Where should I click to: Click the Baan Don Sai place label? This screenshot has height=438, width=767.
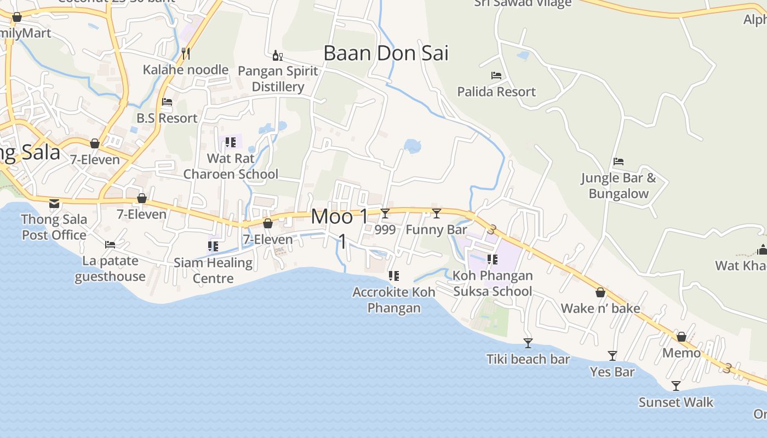(x=386, y=53)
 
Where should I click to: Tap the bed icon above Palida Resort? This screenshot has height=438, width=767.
(x=496, y=76)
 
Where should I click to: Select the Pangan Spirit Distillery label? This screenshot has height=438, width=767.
(x=278, y=79)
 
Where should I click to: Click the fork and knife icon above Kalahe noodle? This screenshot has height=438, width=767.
(x=186, y=53)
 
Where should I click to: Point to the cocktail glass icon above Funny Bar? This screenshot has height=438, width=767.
(x=437, y=214)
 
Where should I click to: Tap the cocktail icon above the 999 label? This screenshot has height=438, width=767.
(x=385, y=214)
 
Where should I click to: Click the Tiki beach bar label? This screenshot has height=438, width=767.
(x=528, y=359)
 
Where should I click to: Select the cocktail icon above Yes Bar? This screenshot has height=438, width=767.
(x=613, y=356)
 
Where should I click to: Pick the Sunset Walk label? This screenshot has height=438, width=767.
(x=676, y=402)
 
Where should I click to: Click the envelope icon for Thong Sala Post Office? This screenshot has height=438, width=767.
(x=54, y=204)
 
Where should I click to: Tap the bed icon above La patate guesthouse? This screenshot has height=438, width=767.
(x=110, y=245)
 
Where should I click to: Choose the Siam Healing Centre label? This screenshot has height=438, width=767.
(x=213, y=270)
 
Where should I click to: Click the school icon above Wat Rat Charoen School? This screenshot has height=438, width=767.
(x=231, y=142)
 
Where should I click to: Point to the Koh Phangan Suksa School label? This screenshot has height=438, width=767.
(x=493, y=283)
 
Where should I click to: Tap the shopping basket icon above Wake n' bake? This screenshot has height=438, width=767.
(x=600, y=292)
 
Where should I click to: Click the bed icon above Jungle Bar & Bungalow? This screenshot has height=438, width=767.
(x=619, y=162)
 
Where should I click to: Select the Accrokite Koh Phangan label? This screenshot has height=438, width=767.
(x=394, y=299)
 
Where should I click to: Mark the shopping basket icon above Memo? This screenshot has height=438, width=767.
(x=682, y=337)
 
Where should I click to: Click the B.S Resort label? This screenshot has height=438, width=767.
(x=167, y=118)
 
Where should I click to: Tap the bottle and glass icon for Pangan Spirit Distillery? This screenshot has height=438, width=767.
(x=278, y=55)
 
